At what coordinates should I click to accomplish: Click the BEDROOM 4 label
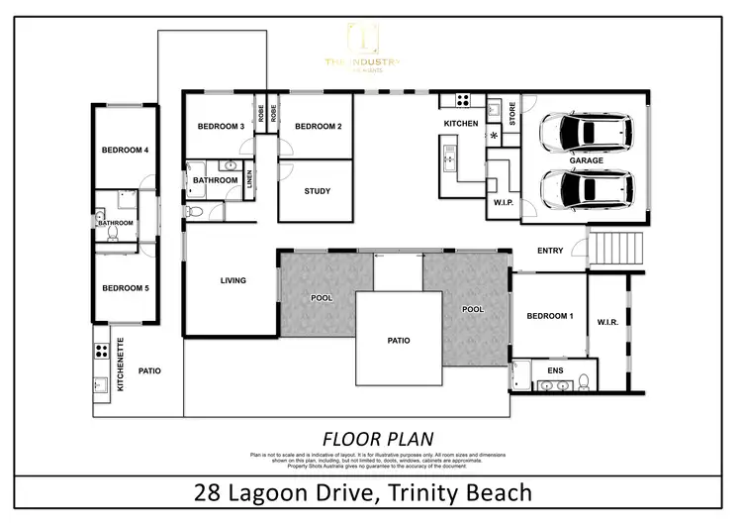pyautogui.click(x=125, y=151)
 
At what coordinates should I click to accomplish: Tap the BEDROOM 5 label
pyautogui.click(x=125, y=288)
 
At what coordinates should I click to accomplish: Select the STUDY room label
pyautogui.click(x=318, y=191)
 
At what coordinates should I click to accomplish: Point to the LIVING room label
pyautogui.click(x=232, y=280)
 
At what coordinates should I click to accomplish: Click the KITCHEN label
pyautogui.click(x=461, y=124)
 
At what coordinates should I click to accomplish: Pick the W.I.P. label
pyautogui.click(x=504, y=204)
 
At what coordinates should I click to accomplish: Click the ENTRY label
pyautogui.click(x=550, y=251)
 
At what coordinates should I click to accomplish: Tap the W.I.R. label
pyautogui.click(x=607, y=320)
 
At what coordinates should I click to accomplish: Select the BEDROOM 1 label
pyautogui.click(x=549, y=315)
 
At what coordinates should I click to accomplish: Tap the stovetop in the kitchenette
pyautogui.click(x=100, y=351)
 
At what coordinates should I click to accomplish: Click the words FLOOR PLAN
pyautogui.click(x=378, y=437)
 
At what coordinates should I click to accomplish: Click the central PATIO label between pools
pyautogui.click(x=398, y=341)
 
